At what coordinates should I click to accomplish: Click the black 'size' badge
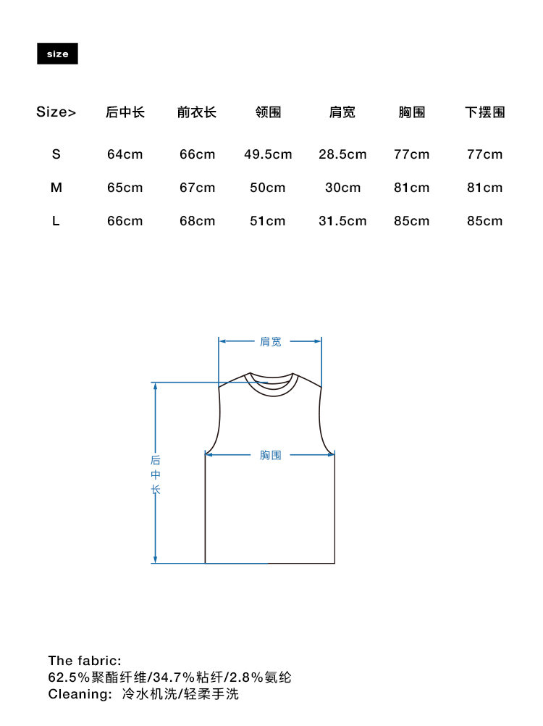[57, 54]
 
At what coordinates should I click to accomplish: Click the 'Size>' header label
[56, 112]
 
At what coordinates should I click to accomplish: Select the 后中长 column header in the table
[125, 112]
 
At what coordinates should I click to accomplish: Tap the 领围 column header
[268, 112]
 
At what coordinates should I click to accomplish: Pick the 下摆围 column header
[484, 112]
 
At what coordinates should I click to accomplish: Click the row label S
[56, 154]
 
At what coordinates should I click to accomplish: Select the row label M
[56, 188]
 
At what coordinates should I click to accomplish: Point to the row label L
[56, 221]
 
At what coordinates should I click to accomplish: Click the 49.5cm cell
[268, 154]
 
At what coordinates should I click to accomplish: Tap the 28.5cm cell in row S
[342, 154]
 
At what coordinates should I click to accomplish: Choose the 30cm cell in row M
[342, 188]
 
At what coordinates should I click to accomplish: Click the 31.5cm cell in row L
[342, 221]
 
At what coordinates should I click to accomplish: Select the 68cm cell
[198, 221]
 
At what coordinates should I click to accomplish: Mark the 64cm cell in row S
[125, 154]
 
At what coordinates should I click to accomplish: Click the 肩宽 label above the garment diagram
[271, 341]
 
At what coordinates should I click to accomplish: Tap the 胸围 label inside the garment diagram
[271, 455]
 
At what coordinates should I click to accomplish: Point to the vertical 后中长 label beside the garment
[156, 475]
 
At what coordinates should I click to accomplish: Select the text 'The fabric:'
[85, 661]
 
